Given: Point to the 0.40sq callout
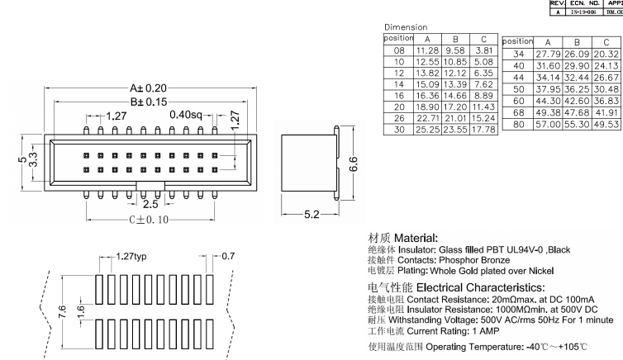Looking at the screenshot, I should (x=186, y=116).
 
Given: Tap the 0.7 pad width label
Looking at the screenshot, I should (x=229, y=257).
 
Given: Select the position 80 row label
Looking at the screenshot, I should (x=518, y=123).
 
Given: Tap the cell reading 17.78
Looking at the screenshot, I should (x=483, y=129).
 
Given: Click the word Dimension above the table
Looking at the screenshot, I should (x=405, y=26).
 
